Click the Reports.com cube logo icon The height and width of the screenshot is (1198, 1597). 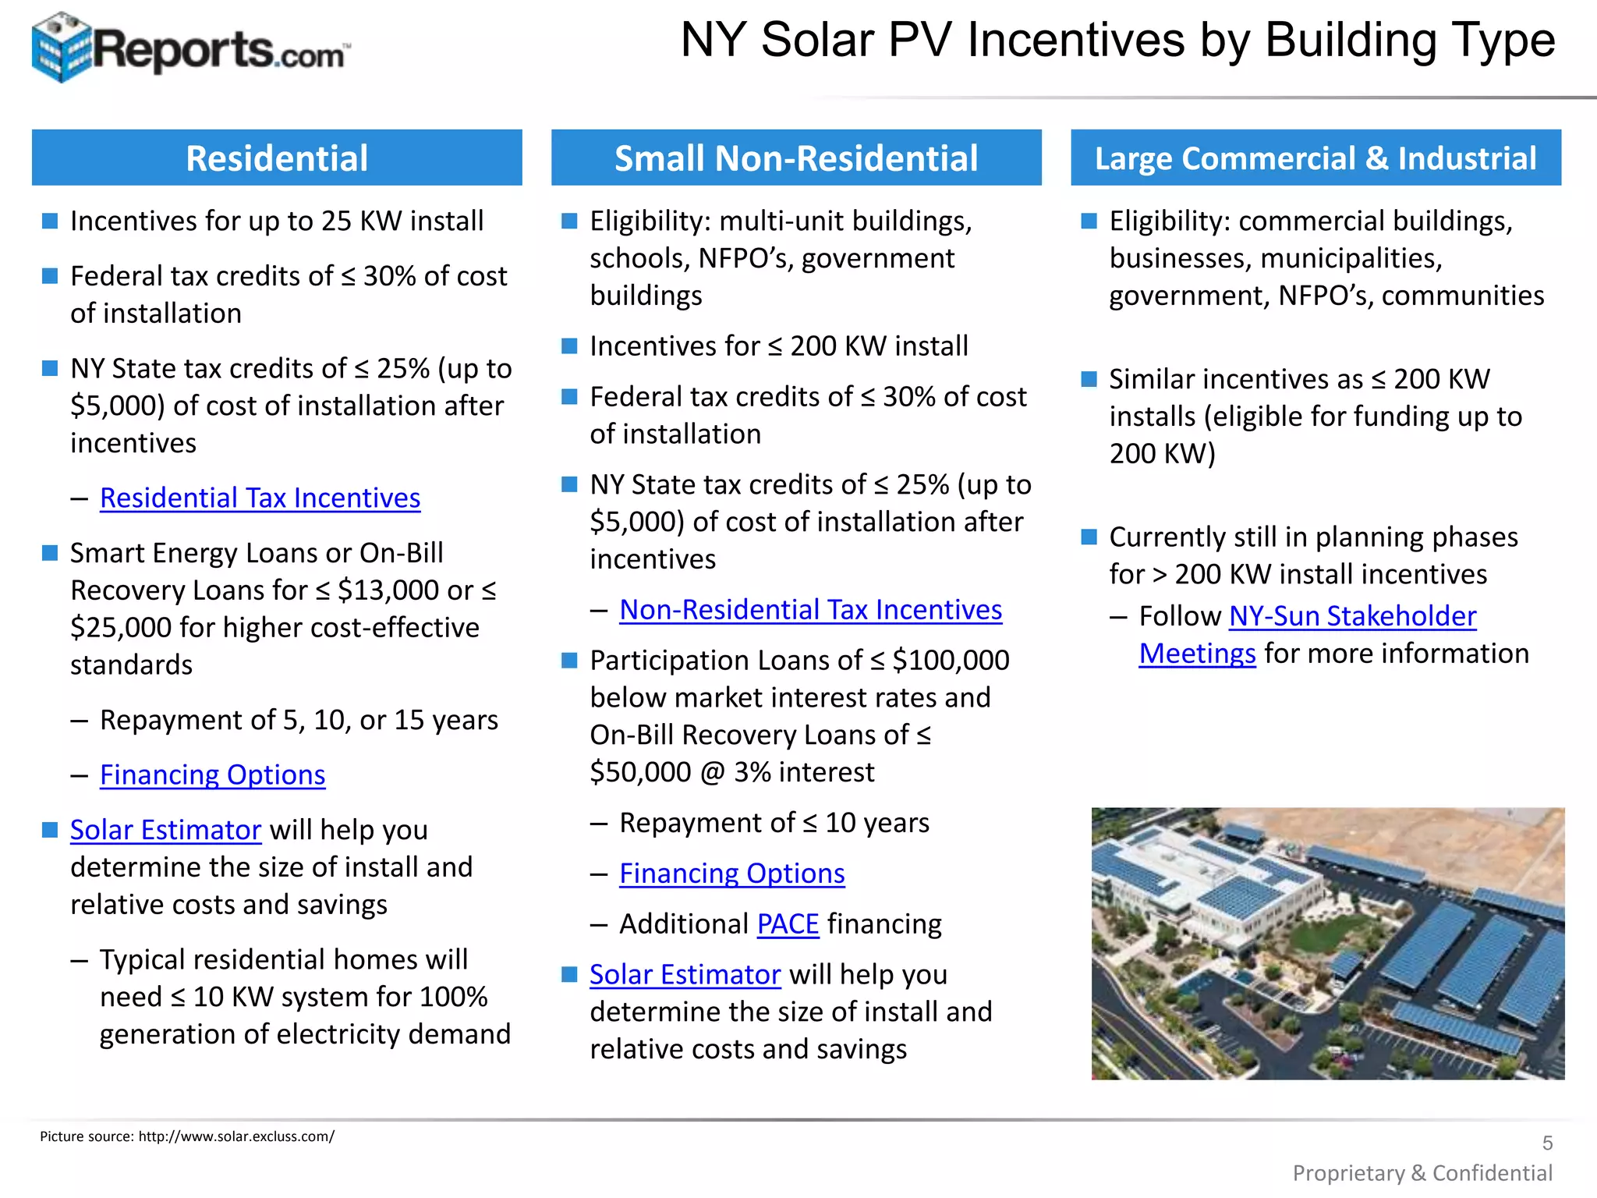click(61, 47)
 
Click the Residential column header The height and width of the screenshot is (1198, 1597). click(277, 158)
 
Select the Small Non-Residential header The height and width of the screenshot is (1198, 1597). click(796, 158)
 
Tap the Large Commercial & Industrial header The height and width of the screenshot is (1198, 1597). click(1315, 158)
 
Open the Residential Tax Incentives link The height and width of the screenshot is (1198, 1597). click(260, 498)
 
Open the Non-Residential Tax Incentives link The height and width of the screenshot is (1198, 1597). click(810, 610)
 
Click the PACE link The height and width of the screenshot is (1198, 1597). click(788, 924)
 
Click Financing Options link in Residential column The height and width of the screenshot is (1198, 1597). click(212, 775)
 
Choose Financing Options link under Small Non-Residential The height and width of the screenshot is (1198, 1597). click(731, 874)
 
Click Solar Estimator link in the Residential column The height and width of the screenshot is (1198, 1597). click(165, 830)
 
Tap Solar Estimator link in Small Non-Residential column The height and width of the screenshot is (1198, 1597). click(685, 975)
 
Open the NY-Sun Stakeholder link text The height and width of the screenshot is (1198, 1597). click(1352, 616)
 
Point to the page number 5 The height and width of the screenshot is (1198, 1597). click(1547, 1143)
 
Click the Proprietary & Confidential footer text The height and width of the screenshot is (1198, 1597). click(1422, 1173)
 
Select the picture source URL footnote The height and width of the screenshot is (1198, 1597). click(187, 1136)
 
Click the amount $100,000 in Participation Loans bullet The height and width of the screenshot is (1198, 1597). click(951, 661)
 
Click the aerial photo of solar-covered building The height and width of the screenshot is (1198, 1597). click(1327, 943)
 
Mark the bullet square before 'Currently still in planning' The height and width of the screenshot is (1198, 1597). click(1089, 537)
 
